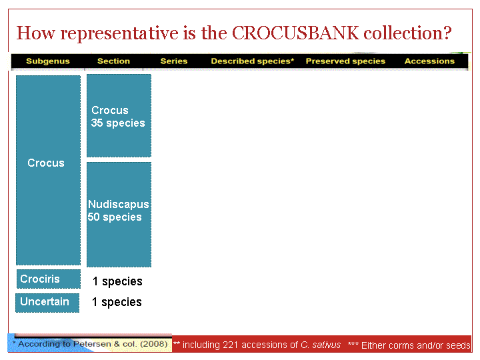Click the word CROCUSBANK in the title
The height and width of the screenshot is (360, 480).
pos(295,33)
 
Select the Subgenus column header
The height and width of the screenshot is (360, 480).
pos(48,61)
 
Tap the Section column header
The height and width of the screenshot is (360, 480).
pos(113,61)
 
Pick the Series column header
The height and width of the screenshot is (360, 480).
pos(174,61)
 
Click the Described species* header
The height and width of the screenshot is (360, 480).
pos(252,61)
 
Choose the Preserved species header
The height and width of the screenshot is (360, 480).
pos(345,61)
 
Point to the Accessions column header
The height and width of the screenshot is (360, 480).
pos(429,61)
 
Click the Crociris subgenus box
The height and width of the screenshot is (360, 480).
pos(49,279)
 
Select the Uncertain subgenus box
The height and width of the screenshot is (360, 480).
pos(47,303)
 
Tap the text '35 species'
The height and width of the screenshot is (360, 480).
pos(118,123)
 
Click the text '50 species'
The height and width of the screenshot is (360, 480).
pos(115,217)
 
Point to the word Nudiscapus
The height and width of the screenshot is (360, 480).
pos(119,204)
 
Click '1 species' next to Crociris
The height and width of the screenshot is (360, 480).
pos(117,281)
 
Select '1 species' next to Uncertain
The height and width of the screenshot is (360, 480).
pos(117,302)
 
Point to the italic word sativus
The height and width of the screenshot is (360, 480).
pos(326,345)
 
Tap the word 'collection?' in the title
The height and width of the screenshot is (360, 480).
pos(407,33)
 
